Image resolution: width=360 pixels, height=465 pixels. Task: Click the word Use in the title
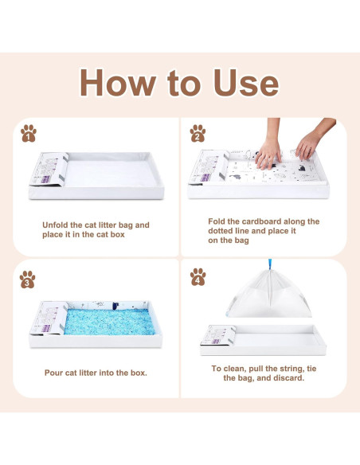click(x=246, y=83)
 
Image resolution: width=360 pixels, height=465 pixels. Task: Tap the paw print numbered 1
click(x=29, y=133)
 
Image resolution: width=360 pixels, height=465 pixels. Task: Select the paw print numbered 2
click(x=198, y=133)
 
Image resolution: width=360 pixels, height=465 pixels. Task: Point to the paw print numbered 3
click(x=27, y=279)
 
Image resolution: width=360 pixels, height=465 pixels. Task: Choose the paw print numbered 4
click(x=198, y=277)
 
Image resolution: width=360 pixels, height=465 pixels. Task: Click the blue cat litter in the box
click(x=109, y=322)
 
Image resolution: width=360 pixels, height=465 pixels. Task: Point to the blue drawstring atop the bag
click(x=270, y=264)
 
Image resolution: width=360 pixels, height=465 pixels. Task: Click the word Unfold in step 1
click(x=55, y=225)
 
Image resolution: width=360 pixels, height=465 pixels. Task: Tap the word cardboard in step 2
click(x=261, y=221)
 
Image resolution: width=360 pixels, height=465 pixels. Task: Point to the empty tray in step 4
click(x=263, y=340)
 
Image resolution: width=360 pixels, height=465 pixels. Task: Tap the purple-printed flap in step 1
click(x=49, y=169)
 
